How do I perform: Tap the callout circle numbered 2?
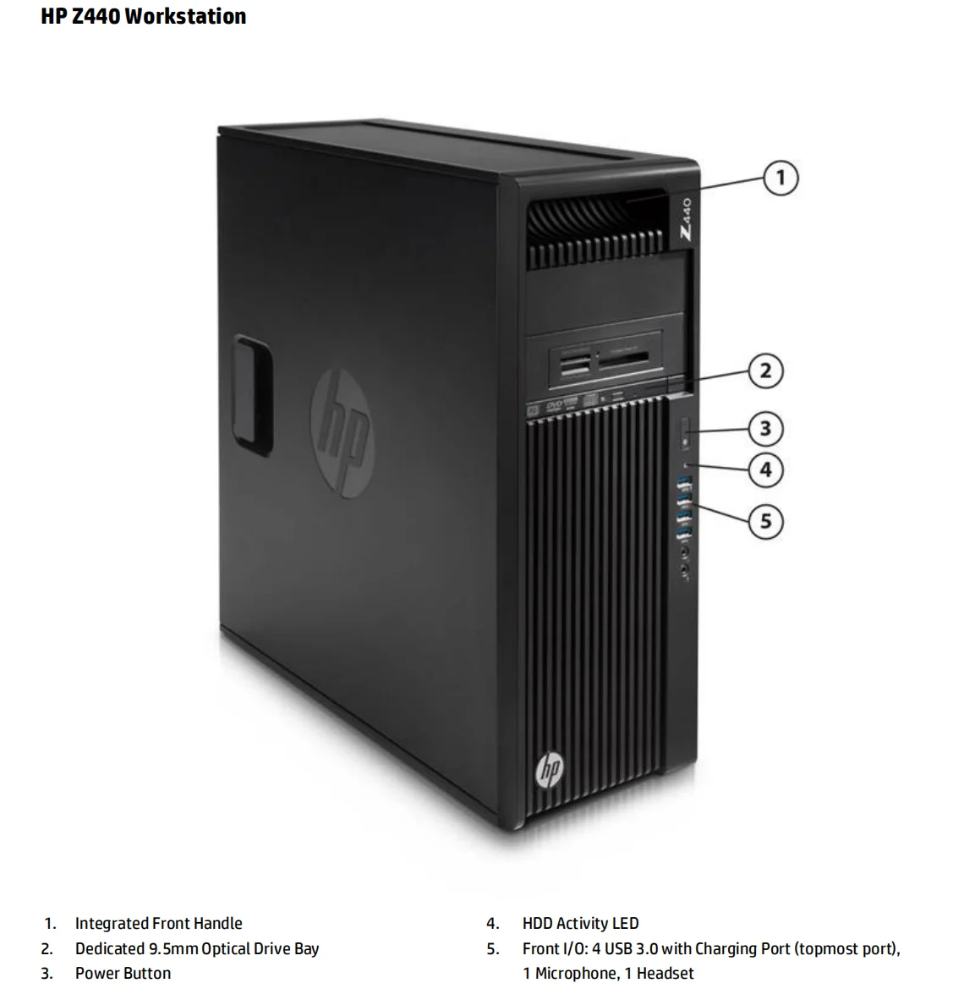click(x=765, y=371)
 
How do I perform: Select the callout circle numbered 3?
click(x=765, y=429)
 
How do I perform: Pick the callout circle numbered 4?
click(x=765, y=469)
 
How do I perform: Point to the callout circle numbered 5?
click(x=765, y=520)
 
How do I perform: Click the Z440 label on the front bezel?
click(x=685, y=222)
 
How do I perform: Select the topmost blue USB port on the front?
click(x=684, y=484)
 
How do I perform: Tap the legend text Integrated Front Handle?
click(x=158, y=924)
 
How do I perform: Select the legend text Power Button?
click(x=123, y=973)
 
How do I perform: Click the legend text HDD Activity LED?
click(x=580, y=924)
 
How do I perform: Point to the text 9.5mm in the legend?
click(x=173, y=948)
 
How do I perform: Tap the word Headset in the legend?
click(x=665, y=973)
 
